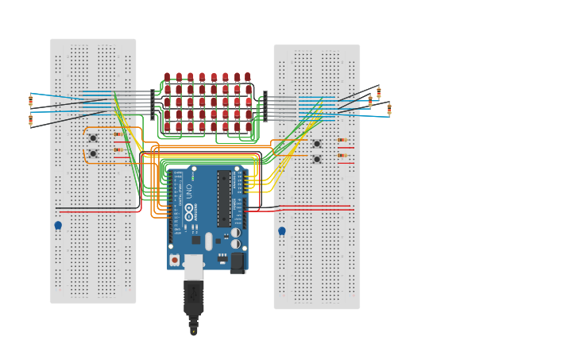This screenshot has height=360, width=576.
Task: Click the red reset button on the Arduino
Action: (175, 260)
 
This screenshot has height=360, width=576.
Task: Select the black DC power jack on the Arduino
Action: (238, 263)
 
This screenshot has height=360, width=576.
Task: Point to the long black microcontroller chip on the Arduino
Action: (224, 198)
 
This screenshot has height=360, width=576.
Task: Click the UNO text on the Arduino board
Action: (189, 191)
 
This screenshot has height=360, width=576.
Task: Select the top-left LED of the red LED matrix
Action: (167, 77)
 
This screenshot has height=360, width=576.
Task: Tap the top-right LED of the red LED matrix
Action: (247, 77)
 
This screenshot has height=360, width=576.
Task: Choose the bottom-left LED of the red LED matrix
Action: (167, 126)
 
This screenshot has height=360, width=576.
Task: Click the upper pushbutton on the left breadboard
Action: (93, 138)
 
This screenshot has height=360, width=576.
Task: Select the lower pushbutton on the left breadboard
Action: (93, 153)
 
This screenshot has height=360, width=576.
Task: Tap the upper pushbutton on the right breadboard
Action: (317, 144)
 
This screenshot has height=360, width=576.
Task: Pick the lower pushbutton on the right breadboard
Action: (317, 159)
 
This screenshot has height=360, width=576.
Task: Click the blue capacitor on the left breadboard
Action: (58, 226)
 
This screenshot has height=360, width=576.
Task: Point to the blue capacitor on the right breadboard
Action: (282, 231)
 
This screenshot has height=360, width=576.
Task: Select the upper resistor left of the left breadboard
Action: (31, 101)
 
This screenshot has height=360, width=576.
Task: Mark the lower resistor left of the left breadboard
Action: (31, 120)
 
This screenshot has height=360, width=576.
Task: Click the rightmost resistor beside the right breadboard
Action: (389, 108)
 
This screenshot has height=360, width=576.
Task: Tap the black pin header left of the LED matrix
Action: (153, 104)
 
